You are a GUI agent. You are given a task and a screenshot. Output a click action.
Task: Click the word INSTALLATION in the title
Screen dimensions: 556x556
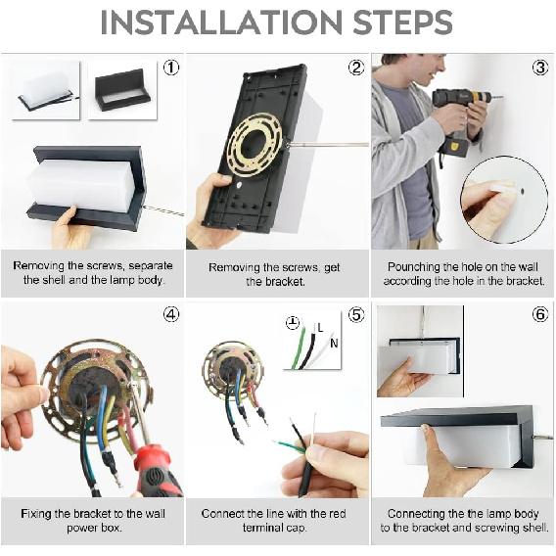pyautogui.click(x=221, y=23)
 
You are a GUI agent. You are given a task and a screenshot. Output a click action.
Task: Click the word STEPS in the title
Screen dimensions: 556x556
pyautogui.click(x=402, y=23)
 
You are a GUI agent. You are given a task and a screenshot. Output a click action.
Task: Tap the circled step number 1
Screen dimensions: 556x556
pyautogui.click(x=171, y=68)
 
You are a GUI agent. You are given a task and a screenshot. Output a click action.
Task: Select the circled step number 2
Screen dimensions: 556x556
pyautogui.click(x=356, y=68)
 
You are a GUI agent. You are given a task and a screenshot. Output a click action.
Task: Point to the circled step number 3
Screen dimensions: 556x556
pyautogui.click(x=540, y=68)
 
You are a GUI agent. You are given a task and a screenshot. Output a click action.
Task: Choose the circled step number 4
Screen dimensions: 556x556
pyautogui.click(x=171, y=314)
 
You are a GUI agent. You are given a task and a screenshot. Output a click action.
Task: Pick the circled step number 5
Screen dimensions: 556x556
pyautogui.click(x=356, y=315)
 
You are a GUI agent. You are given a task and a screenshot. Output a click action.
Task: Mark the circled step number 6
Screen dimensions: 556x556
pyautogui.click(x=540, y=314)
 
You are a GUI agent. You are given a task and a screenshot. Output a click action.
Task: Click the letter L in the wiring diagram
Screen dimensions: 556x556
pyautogui.click(x=320, y=328)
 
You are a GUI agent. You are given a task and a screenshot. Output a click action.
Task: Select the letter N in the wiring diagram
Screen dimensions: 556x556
pyautogui.click(x=334, y=344)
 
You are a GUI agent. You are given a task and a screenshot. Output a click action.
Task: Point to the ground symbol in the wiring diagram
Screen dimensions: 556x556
pyautogui.click(x=293, y=322)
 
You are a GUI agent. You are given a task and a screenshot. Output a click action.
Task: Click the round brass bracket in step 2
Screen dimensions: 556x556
pyautogui.click(x=254, y=145)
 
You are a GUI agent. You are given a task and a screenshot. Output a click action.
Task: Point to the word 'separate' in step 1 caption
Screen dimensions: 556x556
pyautogui.click(x=151, y=266)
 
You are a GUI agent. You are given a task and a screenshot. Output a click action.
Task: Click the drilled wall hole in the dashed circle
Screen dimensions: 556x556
pyautogui.click(x=522, y=192)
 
